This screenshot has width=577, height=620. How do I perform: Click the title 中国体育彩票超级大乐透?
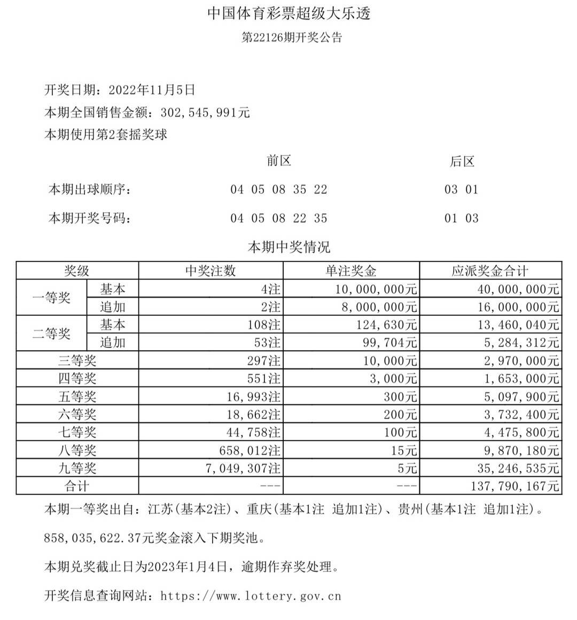coord(288,13)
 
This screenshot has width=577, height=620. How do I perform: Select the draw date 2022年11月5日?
coord(152,90)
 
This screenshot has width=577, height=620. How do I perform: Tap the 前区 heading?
coord(279,161)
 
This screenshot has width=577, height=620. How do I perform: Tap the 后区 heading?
coord(462,161)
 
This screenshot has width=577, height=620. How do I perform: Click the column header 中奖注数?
coord(210,271)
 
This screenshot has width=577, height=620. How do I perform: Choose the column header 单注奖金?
coord(351,271)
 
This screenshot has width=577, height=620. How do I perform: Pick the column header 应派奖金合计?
coord(490,271)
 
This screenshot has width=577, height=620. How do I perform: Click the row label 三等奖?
coord(77,361)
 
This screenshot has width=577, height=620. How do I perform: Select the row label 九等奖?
coord(77,468)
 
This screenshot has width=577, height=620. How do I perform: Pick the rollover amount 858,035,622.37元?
coord(92,538)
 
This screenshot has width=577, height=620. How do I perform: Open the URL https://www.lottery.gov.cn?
coord(251,595)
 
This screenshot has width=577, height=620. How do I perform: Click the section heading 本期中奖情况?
coord(289,247)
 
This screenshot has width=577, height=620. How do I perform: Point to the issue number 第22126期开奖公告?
coord(292,37)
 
